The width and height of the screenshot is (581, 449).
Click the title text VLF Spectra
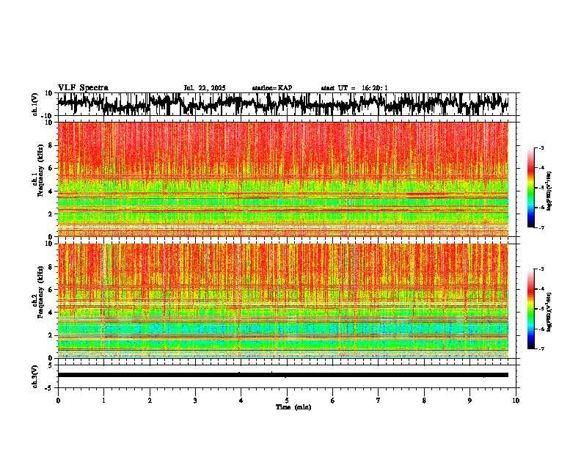(x=83, y=88)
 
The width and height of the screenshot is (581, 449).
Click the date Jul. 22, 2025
(x=205, y=88)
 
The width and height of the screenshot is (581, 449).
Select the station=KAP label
(x=272, y=88)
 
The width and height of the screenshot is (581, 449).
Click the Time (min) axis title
(x=293, y=407)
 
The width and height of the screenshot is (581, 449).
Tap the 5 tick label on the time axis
(x=287, y=401)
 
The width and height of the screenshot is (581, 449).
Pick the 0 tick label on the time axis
(x=58, y=401)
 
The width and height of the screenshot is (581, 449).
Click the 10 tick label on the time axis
(x=516, y=401)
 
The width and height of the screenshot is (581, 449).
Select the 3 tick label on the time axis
(x=195, y=401)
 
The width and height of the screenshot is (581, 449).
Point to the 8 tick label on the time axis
(x=425, y=401)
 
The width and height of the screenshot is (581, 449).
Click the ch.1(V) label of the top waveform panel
(x=35, y=104)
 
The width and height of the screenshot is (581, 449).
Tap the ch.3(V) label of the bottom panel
(x=35, y=375)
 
